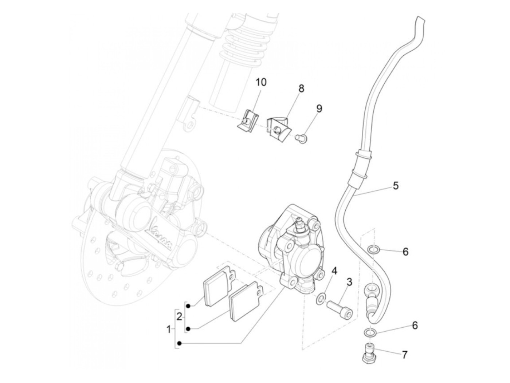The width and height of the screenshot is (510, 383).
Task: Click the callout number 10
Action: pyautogui.click(x=260, y=82)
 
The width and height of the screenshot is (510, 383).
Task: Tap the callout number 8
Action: pyautogui.click(x=301, y=88)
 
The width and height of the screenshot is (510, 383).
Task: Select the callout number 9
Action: pyautogui.click(x=319, y=108)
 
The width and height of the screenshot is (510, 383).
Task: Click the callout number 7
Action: pyautogui.click(x=404, y=354)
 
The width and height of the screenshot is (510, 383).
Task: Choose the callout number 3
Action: pyautogui.click(x=349, y=281)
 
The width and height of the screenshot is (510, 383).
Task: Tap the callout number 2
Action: pyautogui.click(x=179, y=316)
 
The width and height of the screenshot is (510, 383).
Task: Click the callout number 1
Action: pyautogui.click(x=168, y=330)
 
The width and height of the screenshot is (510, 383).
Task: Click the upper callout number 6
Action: pyautogui.click(x=405, y=252)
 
